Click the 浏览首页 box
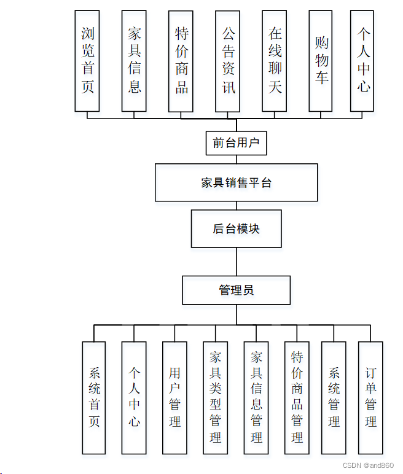coord(87,61)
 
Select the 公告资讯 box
coord(227,61)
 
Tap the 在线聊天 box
coord(274,61)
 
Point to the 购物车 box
coord(321,61)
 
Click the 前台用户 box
coord(236,144)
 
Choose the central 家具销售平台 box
coord(236,182)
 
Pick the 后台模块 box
coord(236,229)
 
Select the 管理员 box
coord(236,290)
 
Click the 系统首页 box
coord(94,397)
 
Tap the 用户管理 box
coord(174,397)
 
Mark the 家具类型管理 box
coord(215,397)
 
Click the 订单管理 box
coord(370,397)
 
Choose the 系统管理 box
coord(334,397)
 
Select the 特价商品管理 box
coord(297,397)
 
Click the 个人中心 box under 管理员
coord(134,397)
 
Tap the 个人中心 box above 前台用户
coord(362,61)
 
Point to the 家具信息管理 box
coord(256,397)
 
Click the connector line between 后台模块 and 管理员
coord(236,262)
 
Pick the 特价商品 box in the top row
coord(181,61)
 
